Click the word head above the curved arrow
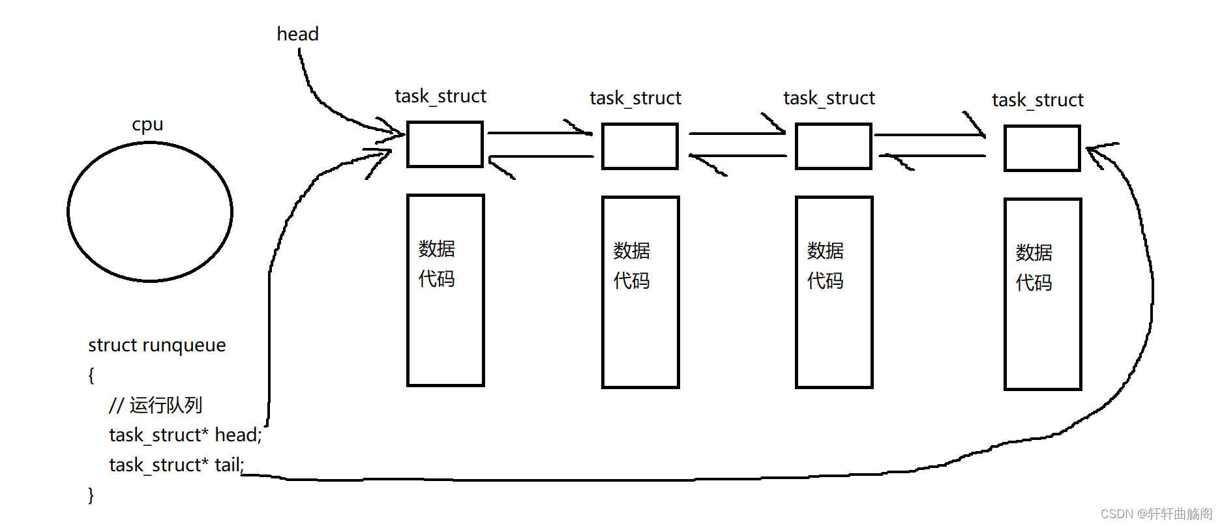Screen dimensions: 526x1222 [x=297, y=34]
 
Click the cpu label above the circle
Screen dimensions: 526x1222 [x=147, y=124]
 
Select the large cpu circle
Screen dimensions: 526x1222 [x=150, y=212]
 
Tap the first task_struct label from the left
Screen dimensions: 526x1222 [x=440, y=96]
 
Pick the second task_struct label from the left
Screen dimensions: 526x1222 [x=635, y=98]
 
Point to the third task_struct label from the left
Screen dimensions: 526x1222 [x=829, y=98]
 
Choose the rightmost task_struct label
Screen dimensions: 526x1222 [x=1037, y=100]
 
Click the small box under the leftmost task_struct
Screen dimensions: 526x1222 [x=445, y=144]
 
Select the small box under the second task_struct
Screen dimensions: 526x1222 [x=640, y=146]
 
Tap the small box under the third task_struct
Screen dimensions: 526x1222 [x=833, y=146]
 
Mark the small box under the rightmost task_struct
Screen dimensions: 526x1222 [x=1042, y=148]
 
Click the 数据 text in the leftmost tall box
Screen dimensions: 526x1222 [x=437, y=248]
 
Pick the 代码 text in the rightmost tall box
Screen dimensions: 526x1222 [x=1034, y=282]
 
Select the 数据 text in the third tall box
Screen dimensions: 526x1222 [x=825, y=250]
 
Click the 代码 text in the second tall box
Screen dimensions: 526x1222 [x=631, y=280]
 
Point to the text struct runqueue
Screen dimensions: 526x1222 [x=156, y=345]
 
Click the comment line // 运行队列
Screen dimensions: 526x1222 [x=155, y=405]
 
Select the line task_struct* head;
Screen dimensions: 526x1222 [x=185, y=435]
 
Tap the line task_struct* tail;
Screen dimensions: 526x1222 [x=176, y=465]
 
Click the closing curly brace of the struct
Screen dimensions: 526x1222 [x=91, y=495]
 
